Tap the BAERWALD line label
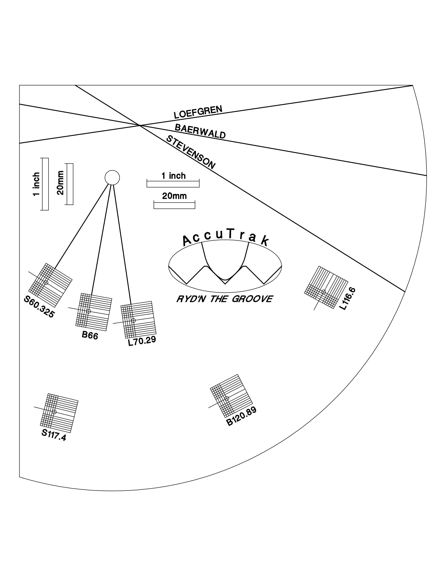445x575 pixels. (200, 131)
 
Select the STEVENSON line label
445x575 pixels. (191, 152)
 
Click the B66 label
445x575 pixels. (90, 335)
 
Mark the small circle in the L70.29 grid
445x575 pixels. (133, 320)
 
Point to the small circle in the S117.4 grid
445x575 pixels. (54, 412)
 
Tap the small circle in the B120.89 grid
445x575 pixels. (227, 398)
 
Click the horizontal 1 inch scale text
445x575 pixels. (173, 176)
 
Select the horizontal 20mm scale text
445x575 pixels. (174, 196)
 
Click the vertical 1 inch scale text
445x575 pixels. (36, 184)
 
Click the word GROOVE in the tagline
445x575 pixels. (252, 299)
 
